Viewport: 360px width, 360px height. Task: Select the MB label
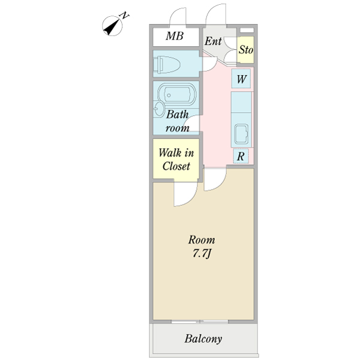click(x=174, y=37)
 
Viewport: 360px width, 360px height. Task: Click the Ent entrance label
click(x=213, y=41)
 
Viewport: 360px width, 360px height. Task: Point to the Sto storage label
click(x=246, y=50)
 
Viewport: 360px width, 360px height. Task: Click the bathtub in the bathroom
click(x=176, y=96)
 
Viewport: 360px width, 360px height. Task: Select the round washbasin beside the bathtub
click(x=159, y=109)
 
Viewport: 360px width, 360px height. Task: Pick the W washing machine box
click(x=241, y=79)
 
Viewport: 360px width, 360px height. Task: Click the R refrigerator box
click(x=241, y=157)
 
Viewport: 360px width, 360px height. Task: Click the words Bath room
click(x=178, y=121)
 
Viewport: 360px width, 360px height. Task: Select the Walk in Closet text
click(x=175, y=159)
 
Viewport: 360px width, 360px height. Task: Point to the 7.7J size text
click(x=201, y=253)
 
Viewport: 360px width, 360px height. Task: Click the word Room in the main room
click(x=201, y=239)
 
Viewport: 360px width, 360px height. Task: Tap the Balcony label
click(x=203, y=339)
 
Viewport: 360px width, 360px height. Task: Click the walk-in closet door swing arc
click(x=185, y=194)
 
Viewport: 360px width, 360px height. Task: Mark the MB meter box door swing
click(x=180, y=16)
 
